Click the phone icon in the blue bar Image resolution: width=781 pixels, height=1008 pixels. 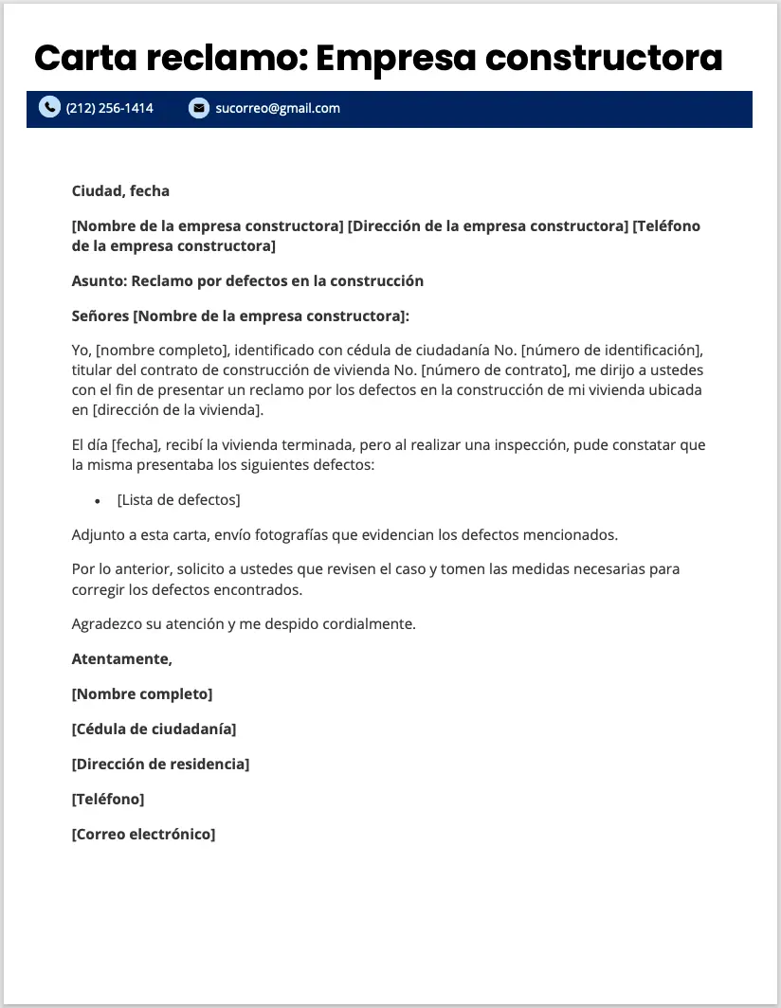point(49,108)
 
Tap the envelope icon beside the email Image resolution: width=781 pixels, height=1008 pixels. point(198,108)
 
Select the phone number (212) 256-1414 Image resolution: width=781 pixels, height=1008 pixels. point(110,108)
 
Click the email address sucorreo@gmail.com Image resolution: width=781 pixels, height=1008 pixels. point(278,108)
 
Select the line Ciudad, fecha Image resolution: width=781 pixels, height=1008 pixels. point(120,190)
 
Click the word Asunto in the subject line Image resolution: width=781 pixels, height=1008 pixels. point(98,280)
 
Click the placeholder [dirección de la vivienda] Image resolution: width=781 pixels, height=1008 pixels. point(176,409)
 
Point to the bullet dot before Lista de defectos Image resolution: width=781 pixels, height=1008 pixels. point(98,500)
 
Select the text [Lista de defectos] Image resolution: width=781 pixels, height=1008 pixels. point(178,499)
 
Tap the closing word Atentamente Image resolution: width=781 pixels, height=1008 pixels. point(121,658)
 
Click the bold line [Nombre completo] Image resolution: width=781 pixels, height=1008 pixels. point(142,693)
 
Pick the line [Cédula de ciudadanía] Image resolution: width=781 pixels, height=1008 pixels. point(154,729)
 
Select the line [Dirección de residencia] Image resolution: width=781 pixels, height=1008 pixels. point(160,764)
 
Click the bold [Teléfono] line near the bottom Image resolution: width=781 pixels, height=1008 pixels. point(108,799)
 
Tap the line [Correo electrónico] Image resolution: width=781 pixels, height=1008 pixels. point(143,834)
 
